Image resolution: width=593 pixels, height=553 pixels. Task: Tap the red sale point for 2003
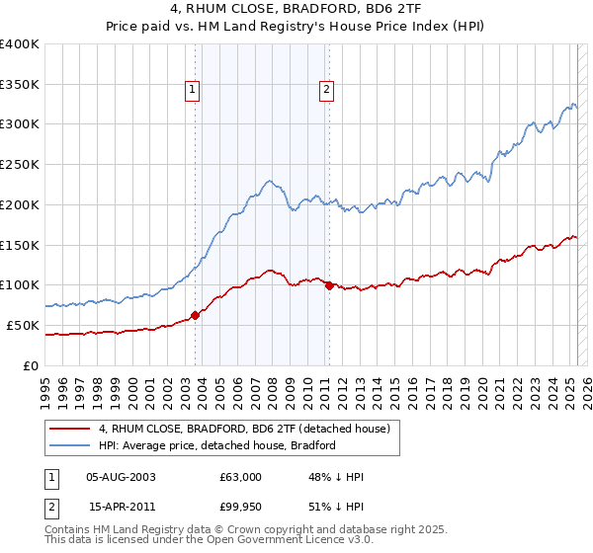(x=195, y=315)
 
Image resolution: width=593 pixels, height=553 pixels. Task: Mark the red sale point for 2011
(x=329, y=285)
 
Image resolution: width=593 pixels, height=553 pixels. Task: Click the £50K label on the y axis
(x=24, y=325)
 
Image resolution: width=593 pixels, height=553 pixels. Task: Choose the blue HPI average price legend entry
(x=216, y=445)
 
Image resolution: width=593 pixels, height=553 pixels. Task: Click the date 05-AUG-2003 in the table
(x=122, y=477)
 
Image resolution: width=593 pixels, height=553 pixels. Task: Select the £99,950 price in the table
(x=240, y=508)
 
